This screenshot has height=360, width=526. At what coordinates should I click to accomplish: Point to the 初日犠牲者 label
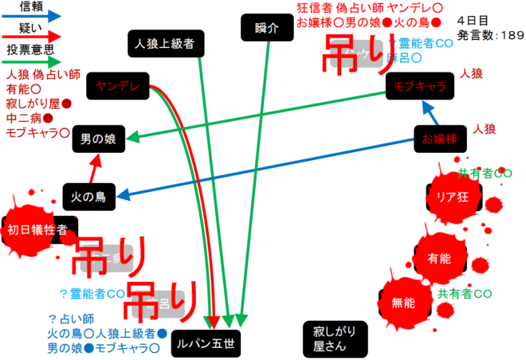coord(37,230)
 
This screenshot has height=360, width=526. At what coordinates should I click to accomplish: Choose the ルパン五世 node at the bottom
coord(206,344)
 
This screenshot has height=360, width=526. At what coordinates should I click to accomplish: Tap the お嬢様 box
coord(439,140)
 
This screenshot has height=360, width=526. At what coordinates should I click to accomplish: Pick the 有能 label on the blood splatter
coord(439,259)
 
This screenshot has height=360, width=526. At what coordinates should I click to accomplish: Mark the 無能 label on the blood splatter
coord(403,303)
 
